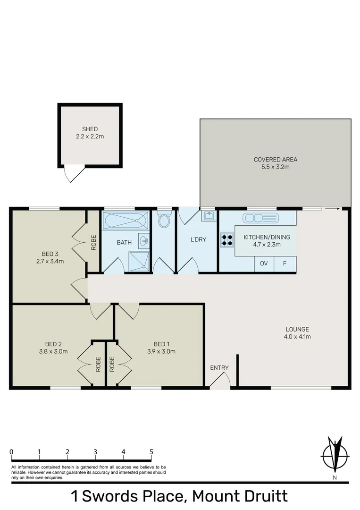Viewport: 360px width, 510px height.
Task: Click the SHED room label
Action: (90, 129)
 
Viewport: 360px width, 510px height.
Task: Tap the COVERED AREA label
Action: (276, 159)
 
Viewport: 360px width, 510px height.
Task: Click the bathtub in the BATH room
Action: (126, 220)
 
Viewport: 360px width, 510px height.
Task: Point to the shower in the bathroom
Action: (139, 261)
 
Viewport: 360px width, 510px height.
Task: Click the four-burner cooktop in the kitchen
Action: (226, 239)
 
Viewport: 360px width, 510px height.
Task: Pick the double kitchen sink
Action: (260, 218)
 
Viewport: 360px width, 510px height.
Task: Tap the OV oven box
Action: (264, 263)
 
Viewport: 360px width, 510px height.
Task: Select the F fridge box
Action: (285, 263)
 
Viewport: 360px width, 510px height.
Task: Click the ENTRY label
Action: (219, 368)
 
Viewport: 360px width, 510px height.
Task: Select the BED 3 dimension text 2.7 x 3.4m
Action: (50, 261)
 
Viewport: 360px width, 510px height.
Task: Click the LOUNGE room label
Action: (297, 329)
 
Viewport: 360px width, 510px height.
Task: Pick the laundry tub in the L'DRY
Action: (208, 216)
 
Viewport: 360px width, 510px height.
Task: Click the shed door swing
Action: (73, 174)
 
